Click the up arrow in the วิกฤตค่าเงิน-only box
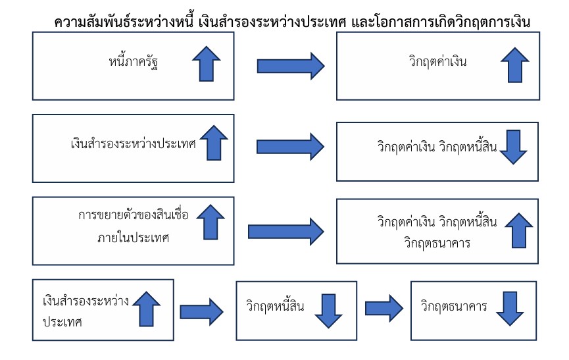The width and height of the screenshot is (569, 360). coord(515,63)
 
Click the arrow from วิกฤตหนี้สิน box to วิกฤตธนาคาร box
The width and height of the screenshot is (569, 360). coord(383,307)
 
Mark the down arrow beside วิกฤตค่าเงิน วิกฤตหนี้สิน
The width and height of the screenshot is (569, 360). coord(514,147)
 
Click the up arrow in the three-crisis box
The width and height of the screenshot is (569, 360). coord(519,230)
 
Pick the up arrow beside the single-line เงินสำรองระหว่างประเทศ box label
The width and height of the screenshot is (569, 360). coord(213,142)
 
